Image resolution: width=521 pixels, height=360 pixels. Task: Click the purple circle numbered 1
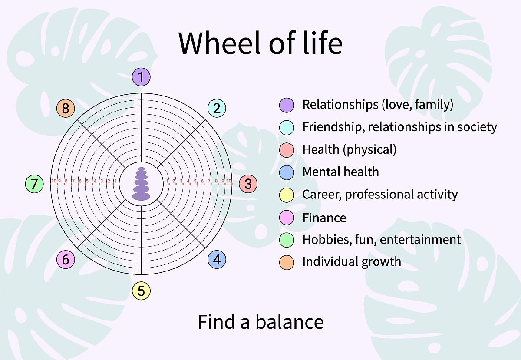[141, 77]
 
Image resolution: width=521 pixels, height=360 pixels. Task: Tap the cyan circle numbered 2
[217, 108]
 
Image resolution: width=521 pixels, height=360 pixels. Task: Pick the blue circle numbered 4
[217, 260]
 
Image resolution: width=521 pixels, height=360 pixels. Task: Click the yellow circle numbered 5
[141, 291]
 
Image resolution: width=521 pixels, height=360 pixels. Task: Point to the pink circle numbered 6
[66, 260]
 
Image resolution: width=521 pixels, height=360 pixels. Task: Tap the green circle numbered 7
[34, 184]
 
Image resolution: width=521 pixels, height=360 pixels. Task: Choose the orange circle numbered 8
[66, 108]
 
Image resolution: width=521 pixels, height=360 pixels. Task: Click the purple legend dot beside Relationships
[287, 105]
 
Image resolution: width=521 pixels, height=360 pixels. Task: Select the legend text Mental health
[340, 172]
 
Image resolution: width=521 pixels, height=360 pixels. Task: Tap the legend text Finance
[324, 218]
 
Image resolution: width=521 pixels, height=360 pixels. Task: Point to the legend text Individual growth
[351, 262]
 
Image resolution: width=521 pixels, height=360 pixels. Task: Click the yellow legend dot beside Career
[287, 195]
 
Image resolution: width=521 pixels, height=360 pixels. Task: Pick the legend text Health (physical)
[349, 149]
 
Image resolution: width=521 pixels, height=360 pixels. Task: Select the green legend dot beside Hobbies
[287, 240]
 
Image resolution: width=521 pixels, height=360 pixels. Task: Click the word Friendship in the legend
[333, 127]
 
